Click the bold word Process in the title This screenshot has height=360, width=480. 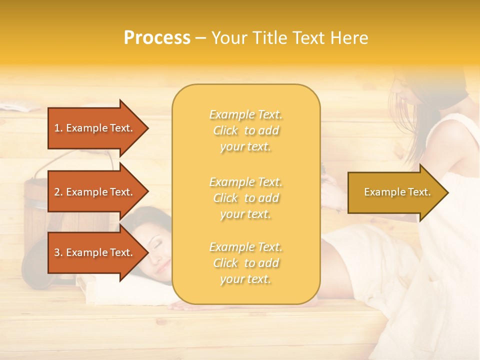pos(157,38)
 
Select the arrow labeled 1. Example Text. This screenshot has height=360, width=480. pos(95,128)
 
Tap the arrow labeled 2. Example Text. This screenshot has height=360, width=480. pos(95,192)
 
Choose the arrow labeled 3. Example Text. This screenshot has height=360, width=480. pos(95,252)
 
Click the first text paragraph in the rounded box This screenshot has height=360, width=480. pos(245,130)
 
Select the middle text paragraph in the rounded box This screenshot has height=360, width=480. pos(245,198)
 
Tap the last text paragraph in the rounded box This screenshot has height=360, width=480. pos(245,263)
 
